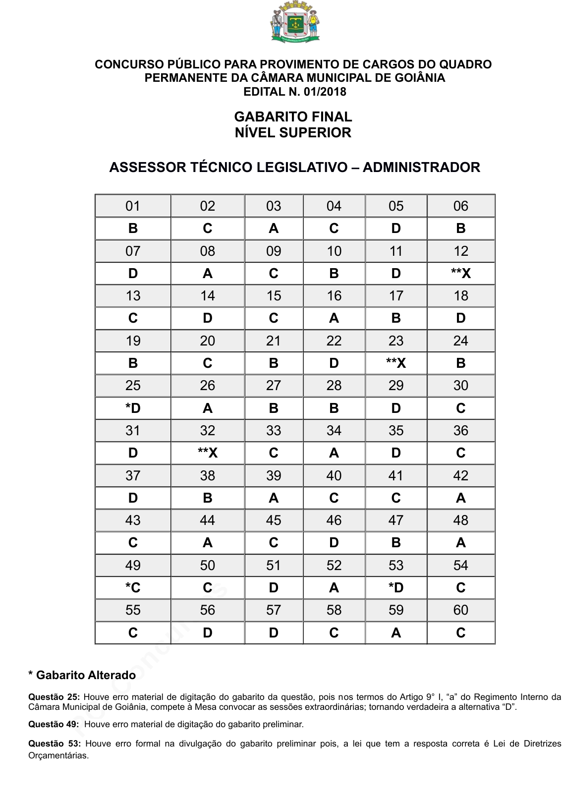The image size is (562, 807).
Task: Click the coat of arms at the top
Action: click(x=295, y=22)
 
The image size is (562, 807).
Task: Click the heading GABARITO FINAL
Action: click(x=293, y=117)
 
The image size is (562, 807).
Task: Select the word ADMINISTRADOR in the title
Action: click(x=421, y=168)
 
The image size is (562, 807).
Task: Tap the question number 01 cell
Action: click(x=133, y=206)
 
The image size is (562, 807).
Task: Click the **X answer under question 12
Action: click(x=460, y=274)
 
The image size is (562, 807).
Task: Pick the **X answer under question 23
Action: click(x=395, y=363)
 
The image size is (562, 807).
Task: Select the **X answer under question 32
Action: click(x=207, y=453)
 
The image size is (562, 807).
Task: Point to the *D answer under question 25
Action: click(x=133, y=408)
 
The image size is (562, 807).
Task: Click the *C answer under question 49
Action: click(x=133, y=588)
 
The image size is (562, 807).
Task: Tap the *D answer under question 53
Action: click(x=395, y=588)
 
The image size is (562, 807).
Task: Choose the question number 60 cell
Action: click(x=460, y=610)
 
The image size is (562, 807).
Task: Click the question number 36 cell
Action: click(x=460, y=431)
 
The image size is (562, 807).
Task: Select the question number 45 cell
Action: click(x=274, y=520)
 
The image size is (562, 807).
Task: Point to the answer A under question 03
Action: click(x=274, y=229)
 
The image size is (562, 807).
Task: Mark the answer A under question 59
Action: click(x=395, y=633)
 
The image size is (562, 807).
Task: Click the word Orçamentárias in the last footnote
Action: click(x=58, y=756)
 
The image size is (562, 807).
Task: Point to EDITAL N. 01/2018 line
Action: click(x=295, y=92)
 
